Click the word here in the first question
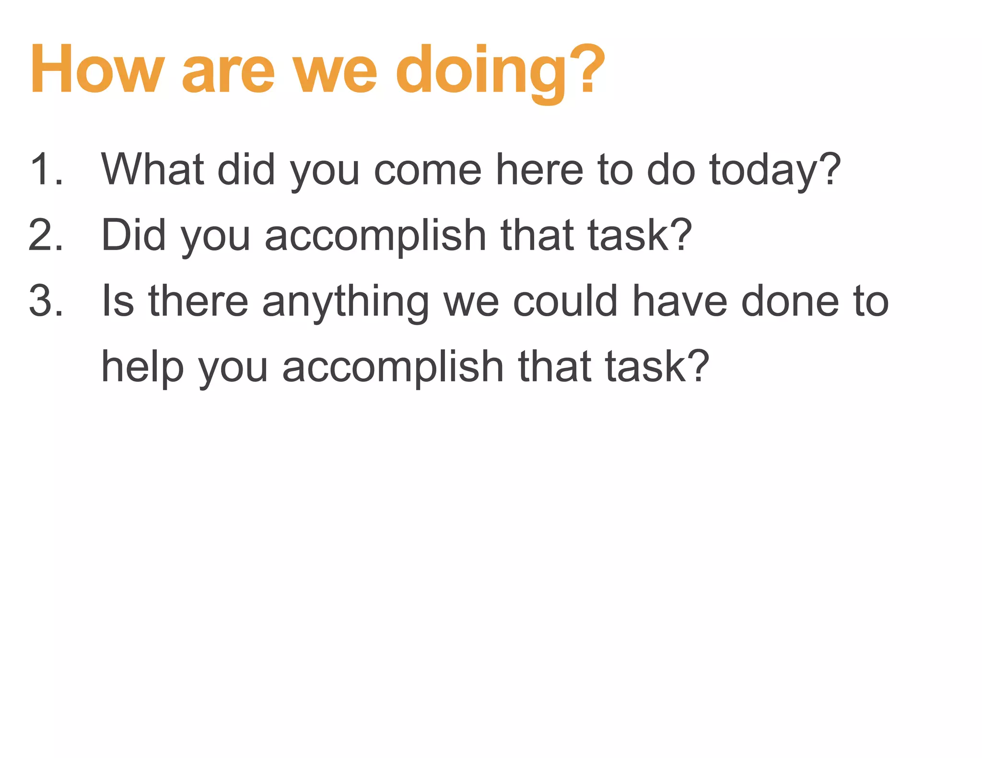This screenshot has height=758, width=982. tap(539, 170)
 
